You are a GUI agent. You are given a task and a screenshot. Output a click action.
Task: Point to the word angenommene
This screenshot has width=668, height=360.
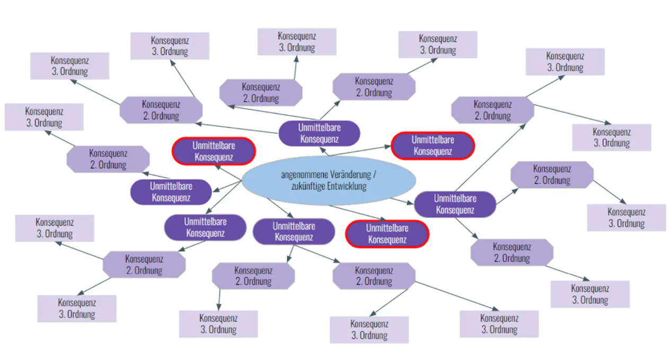point(302,175)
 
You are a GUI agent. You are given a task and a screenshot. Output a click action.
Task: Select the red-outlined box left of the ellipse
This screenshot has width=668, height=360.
point(214,151)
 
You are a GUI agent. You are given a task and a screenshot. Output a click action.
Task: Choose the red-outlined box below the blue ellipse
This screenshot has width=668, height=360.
point(387,234)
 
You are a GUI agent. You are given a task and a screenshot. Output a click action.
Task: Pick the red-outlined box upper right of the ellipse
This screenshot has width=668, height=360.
point(433,145)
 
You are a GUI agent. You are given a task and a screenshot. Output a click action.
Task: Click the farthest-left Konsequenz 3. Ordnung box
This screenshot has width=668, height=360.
point(43,117)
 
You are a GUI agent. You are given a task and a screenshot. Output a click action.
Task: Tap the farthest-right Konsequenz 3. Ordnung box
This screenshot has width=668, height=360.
point(626,217)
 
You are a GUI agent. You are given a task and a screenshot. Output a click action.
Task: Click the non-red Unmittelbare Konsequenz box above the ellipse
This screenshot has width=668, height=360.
point(319,133)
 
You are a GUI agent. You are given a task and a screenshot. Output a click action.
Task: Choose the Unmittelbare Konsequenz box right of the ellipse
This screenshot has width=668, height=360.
point(455,204)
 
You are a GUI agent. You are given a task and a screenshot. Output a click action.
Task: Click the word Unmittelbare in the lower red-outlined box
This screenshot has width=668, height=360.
point(387,229)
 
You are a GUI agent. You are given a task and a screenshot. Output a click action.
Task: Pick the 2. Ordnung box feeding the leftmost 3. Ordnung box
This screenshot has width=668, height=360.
point(108,159)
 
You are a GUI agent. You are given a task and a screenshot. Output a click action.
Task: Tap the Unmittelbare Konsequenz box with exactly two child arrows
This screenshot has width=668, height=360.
point(294,231)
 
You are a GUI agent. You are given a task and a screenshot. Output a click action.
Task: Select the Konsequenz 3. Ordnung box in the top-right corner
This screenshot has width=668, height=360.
point(565,62)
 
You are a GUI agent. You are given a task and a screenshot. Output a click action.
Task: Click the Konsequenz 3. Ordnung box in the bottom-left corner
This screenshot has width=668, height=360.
point(76,309)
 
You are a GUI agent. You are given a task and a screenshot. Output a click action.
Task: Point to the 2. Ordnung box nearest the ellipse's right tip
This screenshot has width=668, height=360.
point(551,174)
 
